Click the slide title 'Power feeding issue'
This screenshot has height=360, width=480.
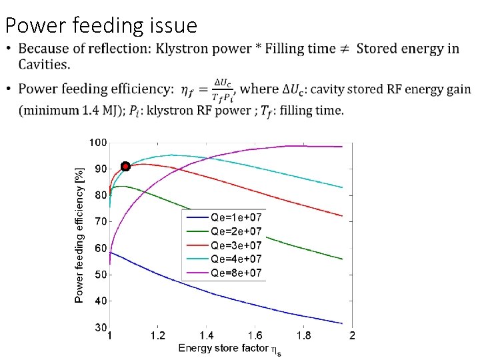(101, 25)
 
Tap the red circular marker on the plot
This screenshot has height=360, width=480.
(125, 166)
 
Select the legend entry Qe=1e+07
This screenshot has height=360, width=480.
(236, 217)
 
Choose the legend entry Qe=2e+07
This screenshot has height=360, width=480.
(236, 231)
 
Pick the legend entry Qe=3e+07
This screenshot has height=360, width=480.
(236, 245)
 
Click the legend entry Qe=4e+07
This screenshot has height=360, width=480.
(236, 259)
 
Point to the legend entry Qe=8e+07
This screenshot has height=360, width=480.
(236, 273)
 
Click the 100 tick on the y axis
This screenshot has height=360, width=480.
(98, 143)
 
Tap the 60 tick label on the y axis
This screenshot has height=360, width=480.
(100, 248)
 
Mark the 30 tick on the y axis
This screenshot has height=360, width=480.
(100, 327)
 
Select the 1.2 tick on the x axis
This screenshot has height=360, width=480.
(158, 335)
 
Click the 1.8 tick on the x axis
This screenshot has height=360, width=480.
(304, 335)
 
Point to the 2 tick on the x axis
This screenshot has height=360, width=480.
(352, 335)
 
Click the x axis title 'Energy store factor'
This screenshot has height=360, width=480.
(223, 348)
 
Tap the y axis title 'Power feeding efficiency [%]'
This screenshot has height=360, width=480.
(79, 235)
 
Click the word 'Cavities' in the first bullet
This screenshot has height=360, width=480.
(45, 65)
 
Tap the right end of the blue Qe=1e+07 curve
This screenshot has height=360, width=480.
(342, 323)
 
